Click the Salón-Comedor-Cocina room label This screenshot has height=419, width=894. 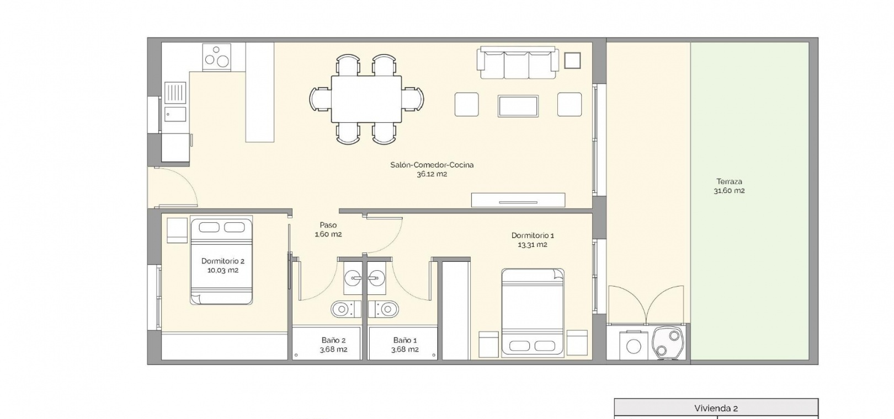click(x=432, y=165)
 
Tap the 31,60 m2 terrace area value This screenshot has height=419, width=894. click(x=729, y=191)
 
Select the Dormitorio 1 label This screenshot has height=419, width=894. click(x=533, y=235)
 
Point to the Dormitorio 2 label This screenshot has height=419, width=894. click(x=223, y=261)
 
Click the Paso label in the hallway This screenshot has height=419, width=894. click(x=328, y=225)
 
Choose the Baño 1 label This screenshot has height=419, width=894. click(x=405, y=341)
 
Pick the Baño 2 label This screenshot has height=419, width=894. click(x=333, y=341)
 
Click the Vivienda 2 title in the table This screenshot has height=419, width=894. click(x=716, y=408)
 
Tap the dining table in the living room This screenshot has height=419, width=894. click(x=366, y=99)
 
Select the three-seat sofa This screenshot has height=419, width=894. click(x=518, y=63)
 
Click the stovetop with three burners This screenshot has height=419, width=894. click(x=216, y=57)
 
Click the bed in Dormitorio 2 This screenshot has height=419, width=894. click(x=221, y=261)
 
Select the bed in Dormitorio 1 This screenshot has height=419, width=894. click(x=533, y=312)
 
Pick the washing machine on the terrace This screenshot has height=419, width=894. click(x=634, y=345)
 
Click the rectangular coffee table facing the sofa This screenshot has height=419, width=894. click(x=518, y=106)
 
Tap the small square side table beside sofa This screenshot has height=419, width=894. click(x=572, y=61)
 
